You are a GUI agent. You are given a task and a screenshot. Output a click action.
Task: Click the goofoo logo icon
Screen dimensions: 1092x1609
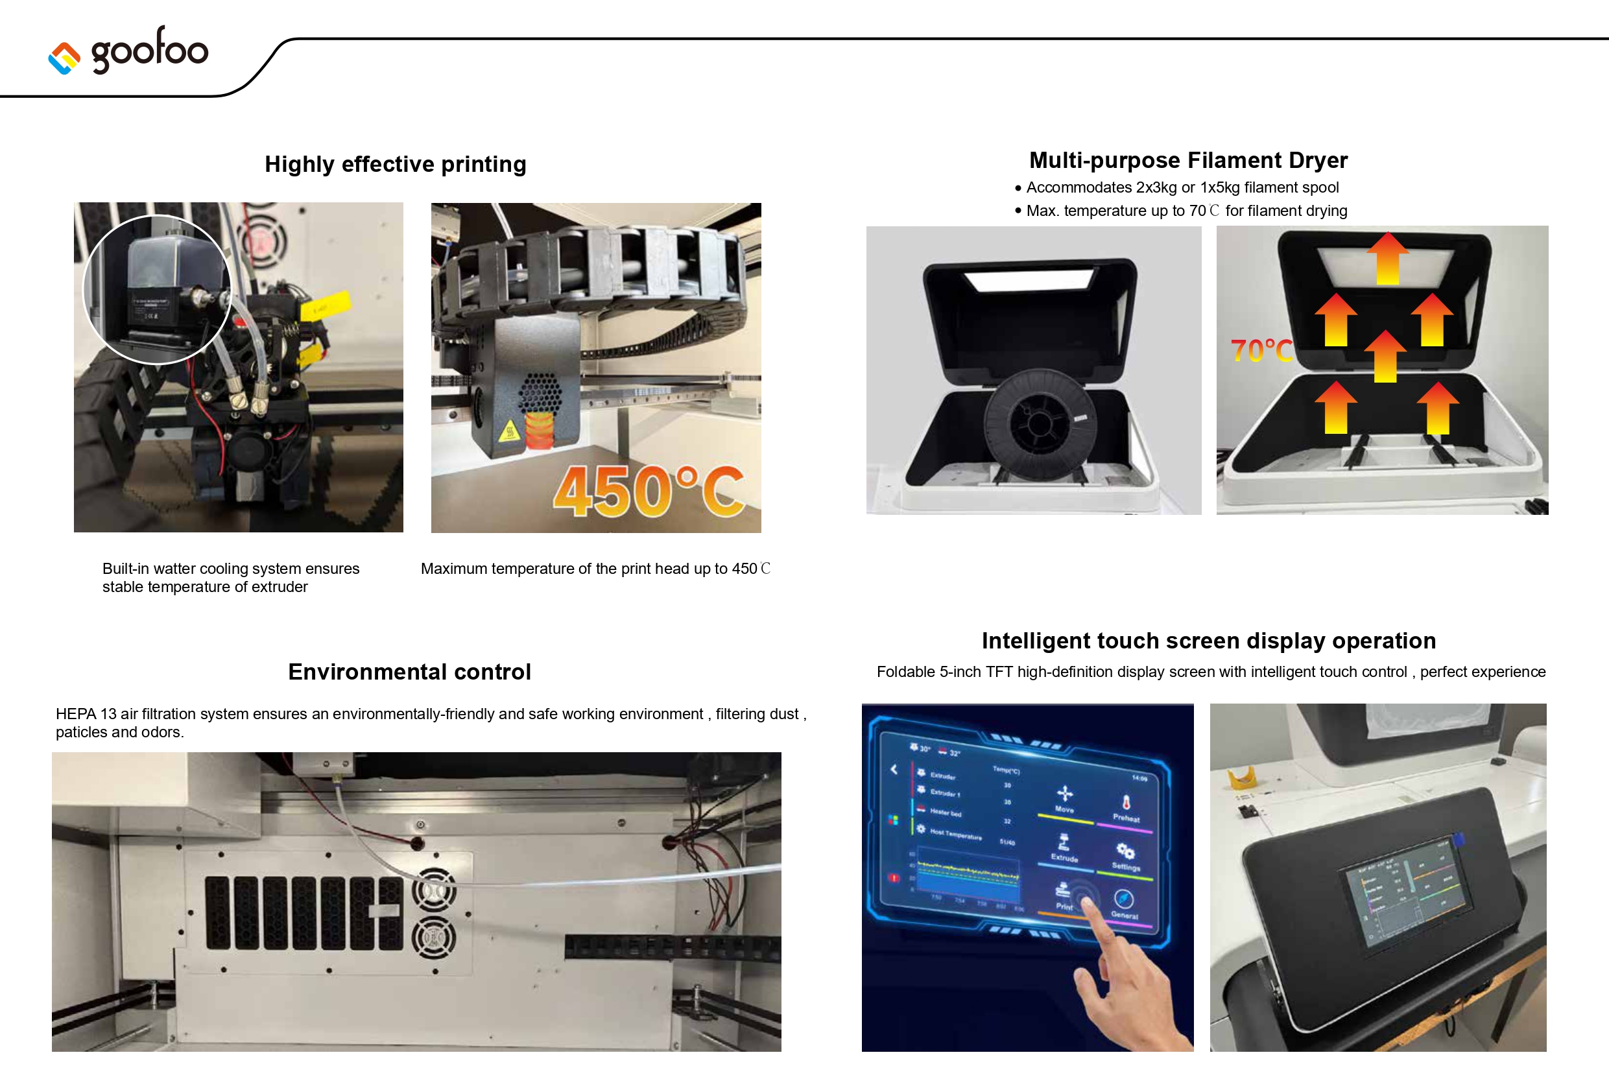coord(64,58)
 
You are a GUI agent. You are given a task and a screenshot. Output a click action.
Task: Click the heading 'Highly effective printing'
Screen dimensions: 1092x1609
coord(396,164)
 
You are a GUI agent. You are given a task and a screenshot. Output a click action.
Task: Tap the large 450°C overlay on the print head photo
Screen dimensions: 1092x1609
coord(649,491)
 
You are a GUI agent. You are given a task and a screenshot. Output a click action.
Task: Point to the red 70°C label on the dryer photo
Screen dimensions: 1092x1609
coord(1261,351)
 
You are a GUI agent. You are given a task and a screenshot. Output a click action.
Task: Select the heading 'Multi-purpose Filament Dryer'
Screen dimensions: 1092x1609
coord(1188,160)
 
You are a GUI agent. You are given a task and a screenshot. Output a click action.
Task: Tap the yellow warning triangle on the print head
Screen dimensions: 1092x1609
coord(510,431)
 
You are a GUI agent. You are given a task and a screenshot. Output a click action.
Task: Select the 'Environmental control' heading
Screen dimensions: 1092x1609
coord(409,672)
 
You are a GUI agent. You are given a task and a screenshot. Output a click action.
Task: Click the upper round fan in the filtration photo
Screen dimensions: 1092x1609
coord(434,889)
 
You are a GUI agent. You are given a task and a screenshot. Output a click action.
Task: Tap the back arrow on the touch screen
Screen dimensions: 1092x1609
coord(894,769)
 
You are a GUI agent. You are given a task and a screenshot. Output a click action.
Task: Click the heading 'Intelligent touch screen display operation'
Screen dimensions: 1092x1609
coord(1208,641)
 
